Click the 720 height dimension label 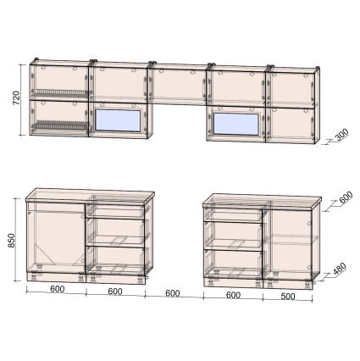coord(16,97)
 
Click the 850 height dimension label coord(11,241)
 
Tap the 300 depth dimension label coord(342,135)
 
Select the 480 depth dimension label coord(339,269)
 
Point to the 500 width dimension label coord(288,297)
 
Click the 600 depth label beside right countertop coord(346,197)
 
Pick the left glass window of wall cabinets coord(118,121)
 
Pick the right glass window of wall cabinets coord(236,125)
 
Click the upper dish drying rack coord(60,93)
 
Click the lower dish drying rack coord(60,125)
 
